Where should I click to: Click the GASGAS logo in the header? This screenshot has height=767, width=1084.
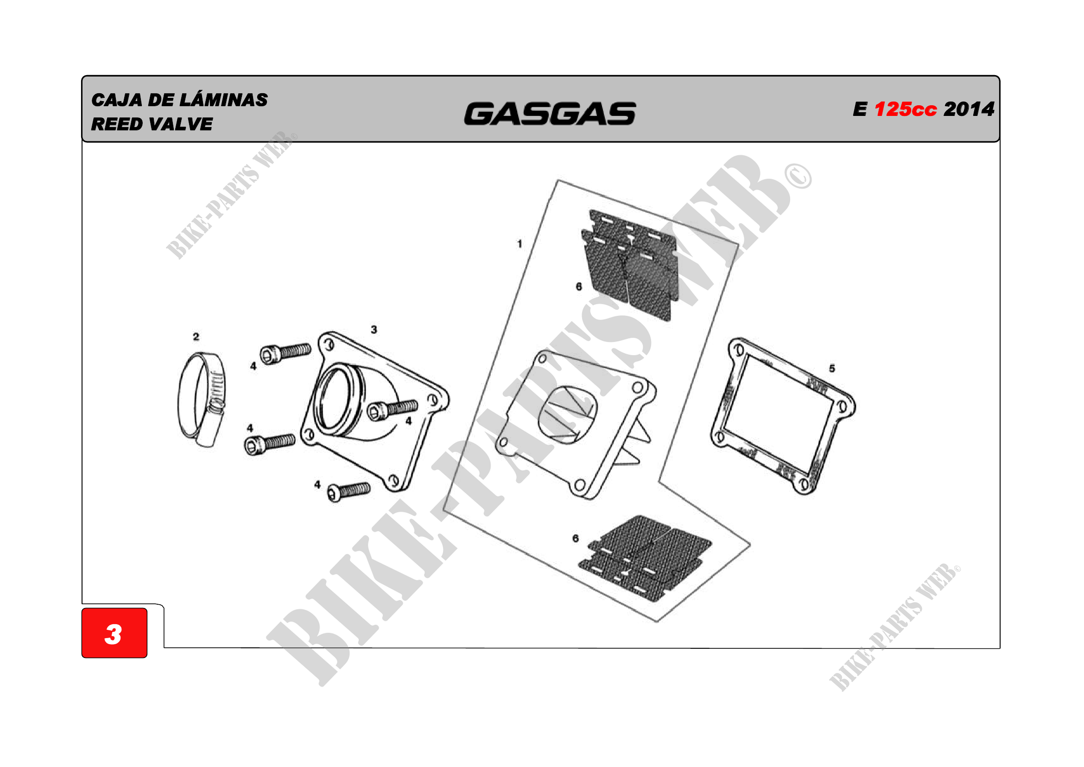click(x=550, y=114)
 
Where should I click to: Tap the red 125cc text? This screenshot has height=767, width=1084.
click(x=906, y=109)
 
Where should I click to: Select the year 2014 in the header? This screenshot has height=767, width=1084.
click(x=969, y=109)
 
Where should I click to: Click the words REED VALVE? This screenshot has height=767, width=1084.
click(x=152, y=124)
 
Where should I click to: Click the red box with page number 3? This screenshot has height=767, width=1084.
click(x=114, y=633)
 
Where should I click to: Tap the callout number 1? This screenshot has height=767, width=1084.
click(x=520, y=244)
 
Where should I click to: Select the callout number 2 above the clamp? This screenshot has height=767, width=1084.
click(x=196, y=337)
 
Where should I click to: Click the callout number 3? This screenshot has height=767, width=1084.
click(x=374, y=330)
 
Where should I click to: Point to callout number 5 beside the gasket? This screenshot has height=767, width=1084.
click(x=832, y=368)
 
